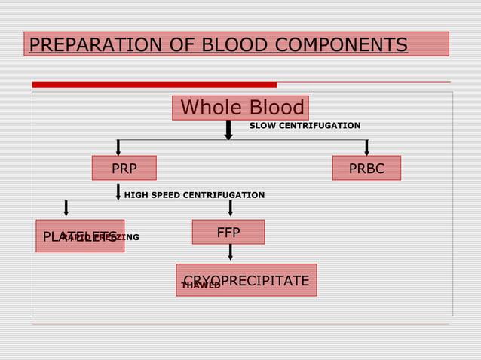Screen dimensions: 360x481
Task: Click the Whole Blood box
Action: (240, 108)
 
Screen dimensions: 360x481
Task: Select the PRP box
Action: (124, 168)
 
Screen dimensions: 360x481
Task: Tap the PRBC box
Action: (366, 168)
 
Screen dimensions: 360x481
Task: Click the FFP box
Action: (228, 232)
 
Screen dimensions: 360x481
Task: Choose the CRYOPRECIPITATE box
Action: (246, 280)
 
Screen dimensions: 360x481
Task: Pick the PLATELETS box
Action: (80, 236)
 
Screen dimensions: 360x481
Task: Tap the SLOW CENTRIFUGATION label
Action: (305, 125)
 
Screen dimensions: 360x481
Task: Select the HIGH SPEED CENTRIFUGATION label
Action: (194, 195)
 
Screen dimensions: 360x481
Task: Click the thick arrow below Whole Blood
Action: (228, 130)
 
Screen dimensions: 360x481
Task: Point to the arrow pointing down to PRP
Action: (118, 148)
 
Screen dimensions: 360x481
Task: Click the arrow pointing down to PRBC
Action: (366, 148)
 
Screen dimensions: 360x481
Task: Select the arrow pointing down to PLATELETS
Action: (66, 209)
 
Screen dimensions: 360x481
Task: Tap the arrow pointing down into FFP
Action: (230, 209)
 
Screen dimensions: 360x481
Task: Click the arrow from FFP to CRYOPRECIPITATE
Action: (230, 253)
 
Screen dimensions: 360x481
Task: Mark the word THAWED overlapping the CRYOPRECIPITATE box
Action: (201, 285)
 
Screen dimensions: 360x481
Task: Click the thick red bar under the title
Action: (154, 84)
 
